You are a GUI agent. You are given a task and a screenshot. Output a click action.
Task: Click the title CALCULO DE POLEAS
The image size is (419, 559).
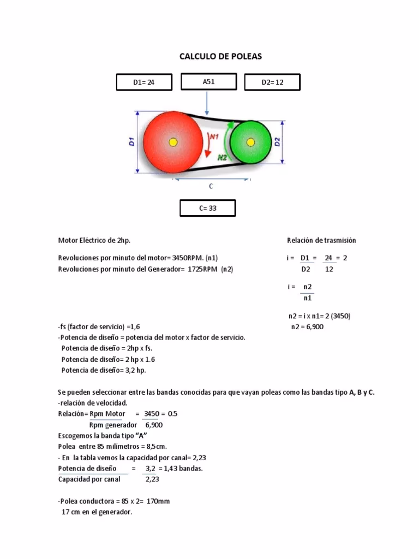tap(220, 56)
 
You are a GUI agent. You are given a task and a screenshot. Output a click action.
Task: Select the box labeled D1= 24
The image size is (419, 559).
tap(144, 82)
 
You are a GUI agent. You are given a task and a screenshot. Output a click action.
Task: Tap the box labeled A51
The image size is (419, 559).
tap(208, 82)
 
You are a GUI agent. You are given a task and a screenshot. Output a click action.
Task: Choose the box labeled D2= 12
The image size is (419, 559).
tap(272, 82)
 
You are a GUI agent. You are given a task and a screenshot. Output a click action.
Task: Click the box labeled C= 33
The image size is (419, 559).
tap(207, 208)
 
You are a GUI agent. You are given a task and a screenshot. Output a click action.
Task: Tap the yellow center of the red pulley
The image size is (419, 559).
tap(173, 142)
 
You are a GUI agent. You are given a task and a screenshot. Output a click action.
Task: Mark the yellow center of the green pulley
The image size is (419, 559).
tap(250, 142)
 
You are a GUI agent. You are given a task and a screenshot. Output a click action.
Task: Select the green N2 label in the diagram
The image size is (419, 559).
tap(223, 157)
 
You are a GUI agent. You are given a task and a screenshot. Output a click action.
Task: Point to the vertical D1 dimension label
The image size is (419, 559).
tap(131, 142)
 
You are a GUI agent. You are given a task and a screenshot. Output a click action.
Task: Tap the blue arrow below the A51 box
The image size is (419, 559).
tap(207, 104)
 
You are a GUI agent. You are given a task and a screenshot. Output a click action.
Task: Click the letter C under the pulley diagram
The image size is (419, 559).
tap(211, 186)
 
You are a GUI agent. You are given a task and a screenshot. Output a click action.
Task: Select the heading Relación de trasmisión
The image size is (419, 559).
tap(321, 240)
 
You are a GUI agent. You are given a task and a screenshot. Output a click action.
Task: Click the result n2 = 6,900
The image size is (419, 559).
tap(308, 327)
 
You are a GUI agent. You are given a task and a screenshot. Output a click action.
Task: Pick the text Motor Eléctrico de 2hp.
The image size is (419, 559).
tap(94, 240)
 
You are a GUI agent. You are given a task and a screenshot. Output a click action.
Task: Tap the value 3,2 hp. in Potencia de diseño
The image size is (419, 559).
tap(134, 370)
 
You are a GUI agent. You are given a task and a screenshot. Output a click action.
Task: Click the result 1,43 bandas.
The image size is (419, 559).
tap(185, 469)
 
